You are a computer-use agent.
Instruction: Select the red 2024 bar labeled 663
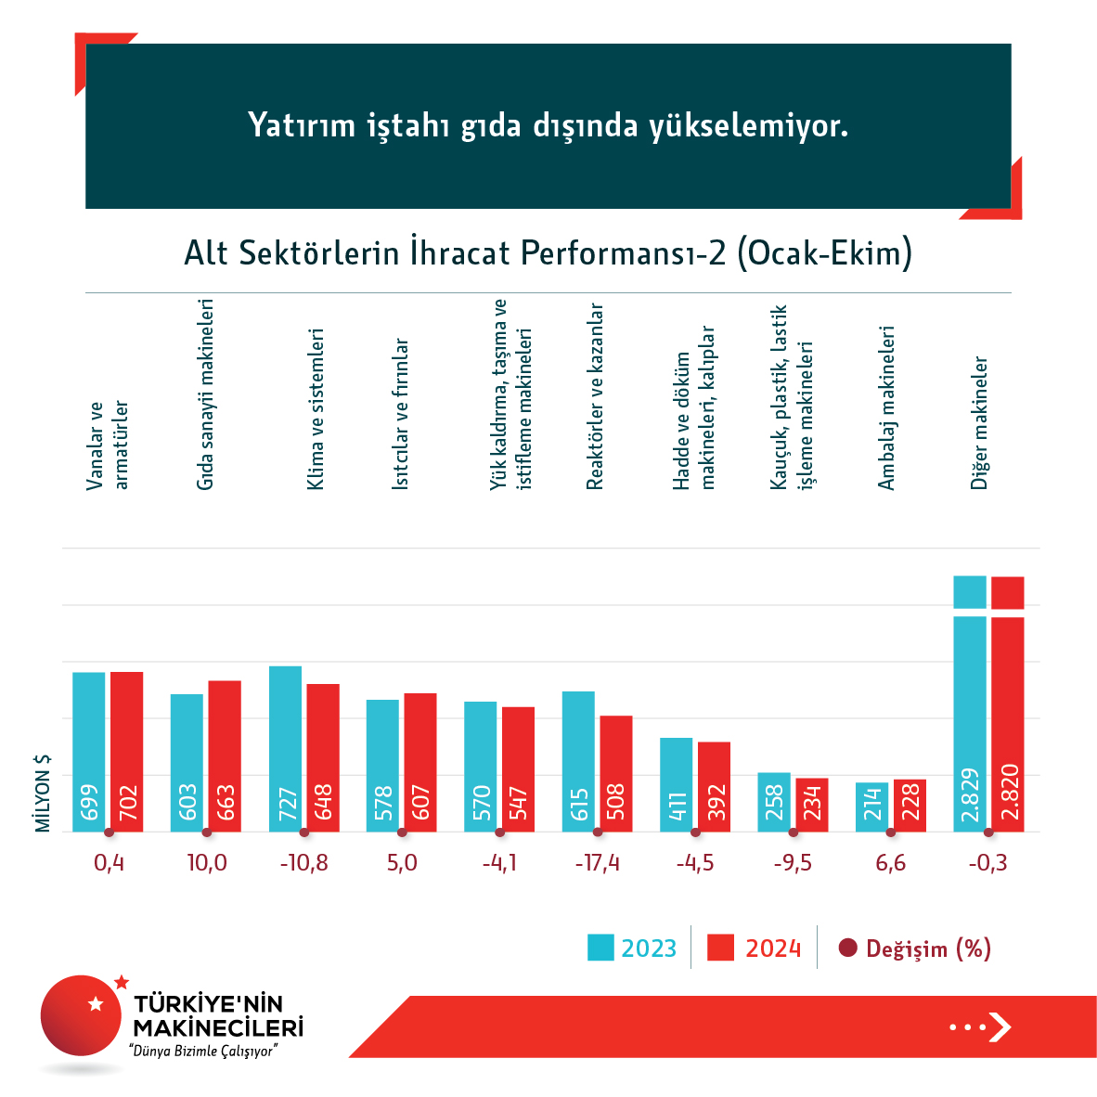[x=225, y=755]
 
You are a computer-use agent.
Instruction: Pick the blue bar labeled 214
[x=871, y=807]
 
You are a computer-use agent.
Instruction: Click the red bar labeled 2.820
[x=1008, y=724]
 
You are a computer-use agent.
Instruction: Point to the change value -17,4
[x=597, y=863]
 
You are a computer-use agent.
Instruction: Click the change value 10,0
[x=207, y=863]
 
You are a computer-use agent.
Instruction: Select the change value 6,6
[x=890, y=863]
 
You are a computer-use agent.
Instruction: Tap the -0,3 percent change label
[x=987, y=863]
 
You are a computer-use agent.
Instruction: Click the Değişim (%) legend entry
[x=915, y=949]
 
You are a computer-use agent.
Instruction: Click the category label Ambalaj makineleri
[x=886, y=408]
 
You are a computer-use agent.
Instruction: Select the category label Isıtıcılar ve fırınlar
[x=400, y=414]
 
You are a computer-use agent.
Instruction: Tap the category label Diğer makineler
[x=979, y=423]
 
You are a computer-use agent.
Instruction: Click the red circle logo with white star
[x=82, y=1014]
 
